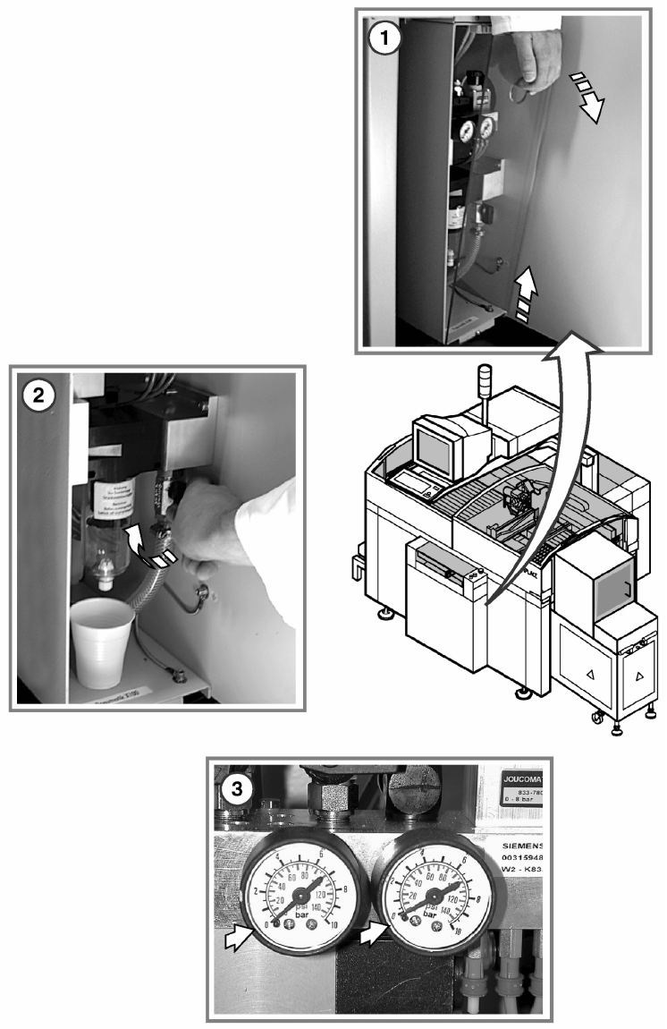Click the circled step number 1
point(384,38)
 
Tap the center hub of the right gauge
point(431,893)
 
